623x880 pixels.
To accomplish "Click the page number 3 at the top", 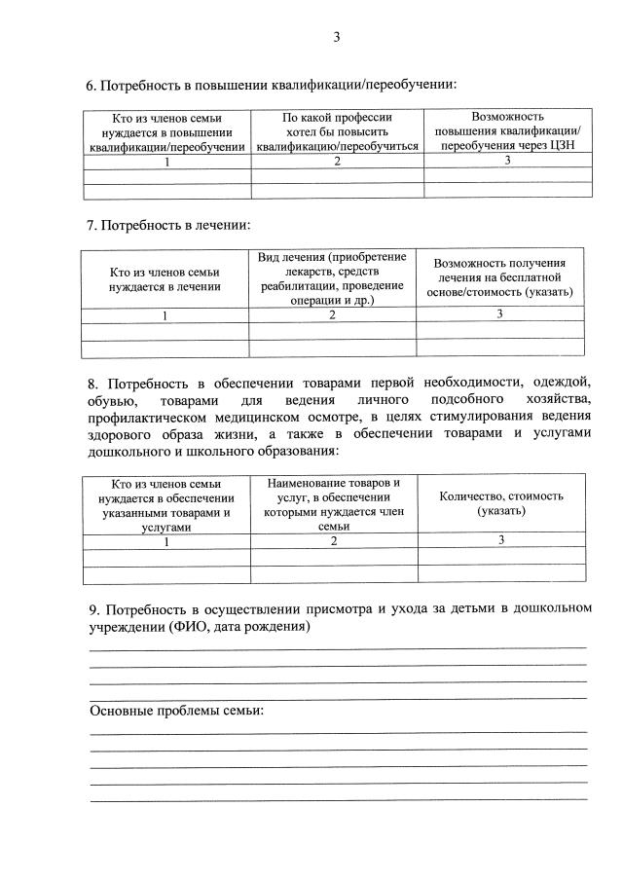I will (x=337, y=38).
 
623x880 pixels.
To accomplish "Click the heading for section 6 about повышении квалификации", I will (x=272, y=85).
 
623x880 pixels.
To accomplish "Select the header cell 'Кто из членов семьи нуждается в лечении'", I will (x=165, y=279).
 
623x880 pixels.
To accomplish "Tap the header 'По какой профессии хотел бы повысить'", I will (x=337, y=124).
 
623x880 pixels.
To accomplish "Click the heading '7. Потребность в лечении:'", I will (x=168, y=225).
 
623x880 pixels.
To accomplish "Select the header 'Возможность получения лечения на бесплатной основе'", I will (x=499, y=277).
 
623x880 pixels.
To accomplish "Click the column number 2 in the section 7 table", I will (x=332, y=315).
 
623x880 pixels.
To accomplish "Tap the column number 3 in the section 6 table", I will (x=507, y=161).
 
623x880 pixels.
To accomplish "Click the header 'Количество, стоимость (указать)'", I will (x=501, y=503).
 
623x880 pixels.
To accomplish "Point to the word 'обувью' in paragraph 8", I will (x=110, y=400).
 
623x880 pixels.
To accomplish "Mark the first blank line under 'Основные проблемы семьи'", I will (x=338, y=731).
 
